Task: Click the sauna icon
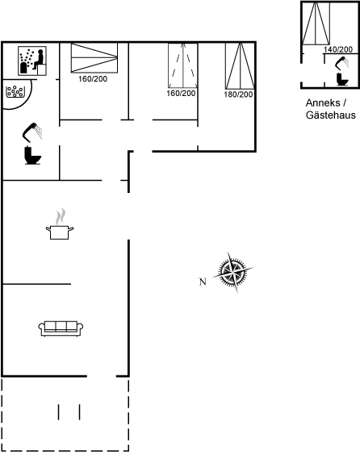tap(32, 61)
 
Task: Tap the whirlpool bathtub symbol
tap(15, 92)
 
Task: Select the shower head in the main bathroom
tap(32, 132)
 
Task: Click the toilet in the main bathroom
tap(32, 155)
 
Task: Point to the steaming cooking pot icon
tap(60, 224)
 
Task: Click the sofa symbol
tap(61, 329)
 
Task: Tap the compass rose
tap(233, 272)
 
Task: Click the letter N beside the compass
tap(203, 282)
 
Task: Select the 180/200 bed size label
tap(238, 94)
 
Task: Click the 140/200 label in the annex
tap(338, 49)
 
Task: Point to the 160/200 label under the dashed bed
tap(181, 94)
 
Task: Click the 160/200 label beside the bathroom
tap(93, 79)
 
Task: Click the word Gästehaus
tap(331, 115)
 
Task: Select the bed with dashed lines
tap(182, 65)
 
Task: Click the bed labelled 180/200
tap(240, 66)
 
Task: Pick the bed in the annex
tap(316, 23)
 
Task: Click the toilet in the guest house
tap(342, 79)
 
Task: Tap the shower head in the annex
tap(342, 63)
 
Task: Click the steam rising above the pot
tap(61, 217)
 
